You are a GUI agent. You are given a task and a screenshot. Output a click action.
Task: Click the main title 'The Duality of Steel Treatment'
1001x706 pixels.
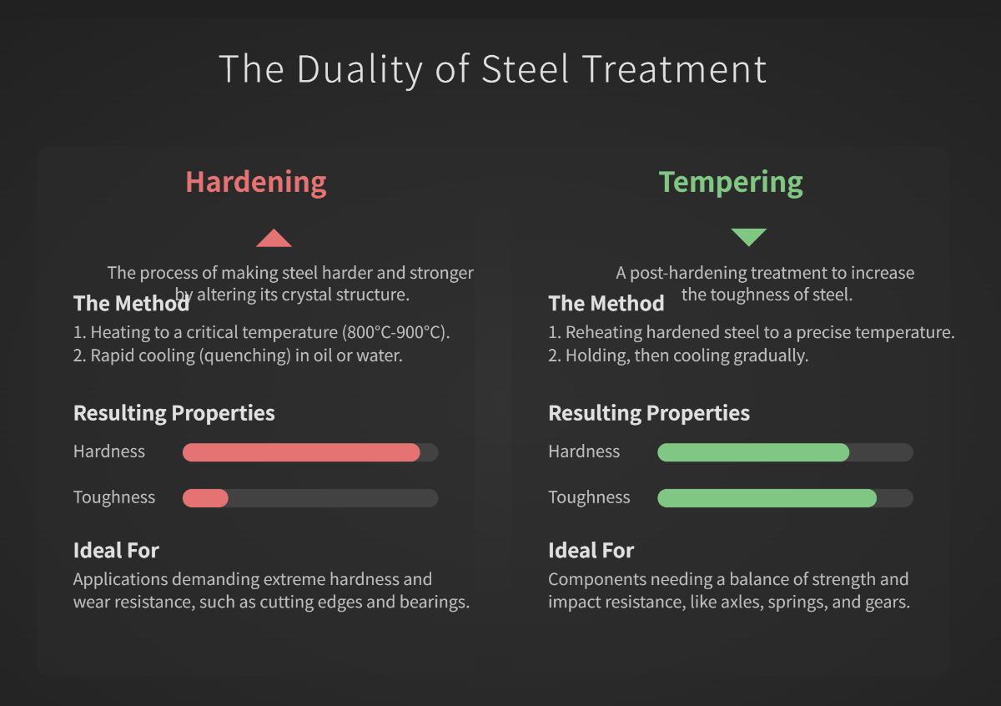[492, 68]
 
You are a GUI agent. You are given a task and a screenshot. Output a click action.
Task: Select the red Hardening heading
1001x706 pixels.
[255, 181]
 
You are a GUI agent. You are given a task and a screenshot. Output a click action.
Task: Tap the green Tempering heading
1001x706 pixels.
[731, 181]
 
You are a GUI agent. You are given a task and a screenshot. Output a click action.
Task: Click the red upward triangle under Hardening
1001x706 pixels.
[274, 240]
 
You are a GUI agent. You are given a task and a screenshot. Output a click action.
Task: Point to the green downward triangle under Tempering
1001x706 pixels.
[748, 237]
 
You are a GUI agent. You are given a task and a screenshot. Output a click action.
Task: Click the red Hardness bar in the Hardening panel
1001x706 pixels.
[301, 452]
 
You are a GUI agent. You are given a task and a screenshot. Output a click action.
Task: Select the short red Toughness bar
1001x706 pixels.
[205, 498]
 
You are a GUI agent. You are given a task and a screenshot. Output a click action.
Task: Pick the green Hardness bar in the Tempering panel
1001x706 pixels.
[753, 452]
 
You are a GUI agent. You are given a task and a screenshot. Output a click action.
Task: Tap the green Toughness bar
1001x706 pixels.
[767, 498]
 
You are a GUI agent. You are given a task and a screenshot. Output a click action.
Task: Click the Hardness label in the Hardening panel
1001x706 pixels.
[109, 451]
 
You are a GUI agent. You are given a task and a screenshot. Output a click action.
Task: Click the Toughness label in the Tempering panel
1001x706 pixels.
[589, 497]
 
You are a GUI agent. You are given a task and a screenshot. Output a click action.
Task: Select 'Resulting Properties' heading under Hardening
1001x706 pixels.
[174, 413]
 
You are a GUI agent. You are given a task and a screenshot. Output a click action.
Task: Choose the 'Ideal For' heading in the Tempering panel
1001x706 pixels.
[591, 551]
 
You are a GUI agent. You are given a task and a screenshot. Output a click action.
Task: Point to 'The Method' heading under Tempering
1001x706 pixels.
[606, 303]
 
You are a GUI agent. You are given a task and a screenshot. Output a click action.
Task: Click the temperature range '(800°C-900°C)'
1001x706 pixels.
[395, 332]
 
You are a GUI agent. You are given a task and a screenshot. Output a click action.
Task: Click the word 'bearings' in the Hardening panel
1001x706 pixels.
[435, 602]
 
